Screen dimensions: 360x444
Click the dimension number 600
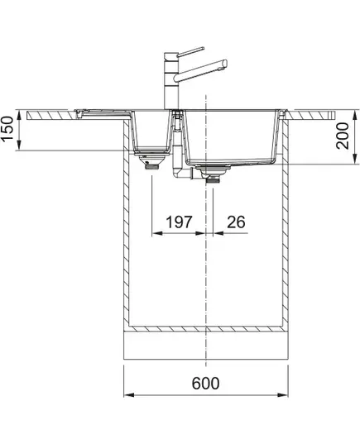[x=205, y=384]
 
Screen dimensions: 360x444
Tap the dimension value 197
[x=179, y=222]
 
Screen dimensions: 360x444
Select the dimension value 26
[x=236, y=222]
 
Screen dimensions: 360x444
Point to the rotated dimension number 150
[x=7, y=129]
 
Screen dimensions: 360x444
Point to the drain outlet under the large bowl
[x=214, y=174]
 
